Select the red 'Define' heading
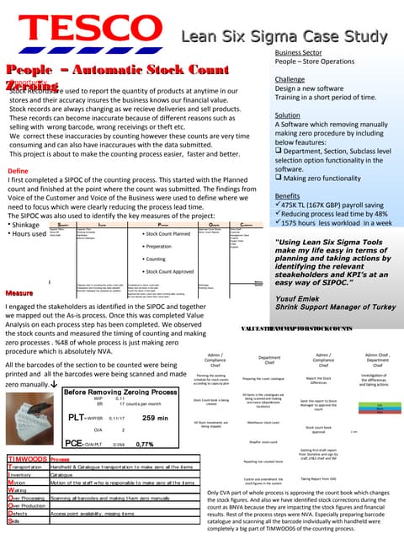(18, 170)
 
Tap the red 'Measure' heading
(19, 292)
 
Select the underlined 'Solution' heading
(288, 115)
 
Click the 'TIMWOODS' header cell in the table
(27, 459)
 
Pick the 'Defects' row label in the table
(18, 512)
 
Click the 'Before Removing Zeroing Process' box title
(120, 392)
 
